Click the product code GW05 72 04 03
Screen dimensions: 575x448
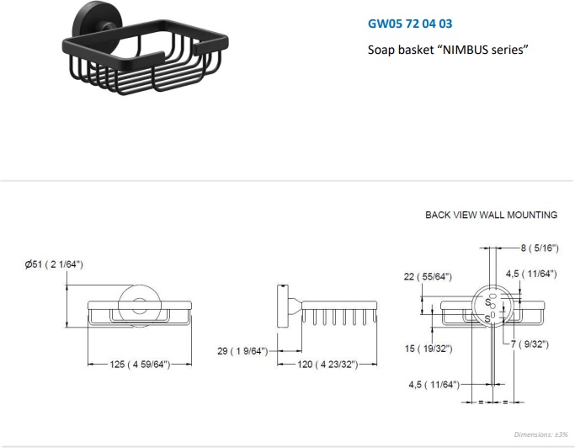tap(410, 24)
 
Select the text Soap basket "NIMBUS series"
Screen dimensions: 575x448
tap(448, 49)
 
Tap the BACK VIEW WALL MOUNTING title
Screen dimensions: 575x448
tap(491, 215)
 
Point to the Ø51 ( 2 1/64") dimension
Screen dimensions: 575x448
tap(54, 264)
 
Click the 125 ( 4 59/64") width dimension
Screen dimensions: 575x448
tap(140, 365)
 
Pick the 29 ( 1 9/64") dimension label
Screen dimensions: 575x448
tap(242, 351)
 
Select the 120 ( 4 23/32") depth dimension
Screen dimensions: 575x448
tap(327, 365)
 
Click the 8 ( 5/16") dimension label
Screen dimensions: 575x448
tap(540, 248)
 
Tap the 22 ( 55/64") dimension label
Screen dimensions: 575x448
tap(428, 276)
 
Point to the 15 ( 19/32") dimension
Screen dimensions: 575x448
tap(429, 348)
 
